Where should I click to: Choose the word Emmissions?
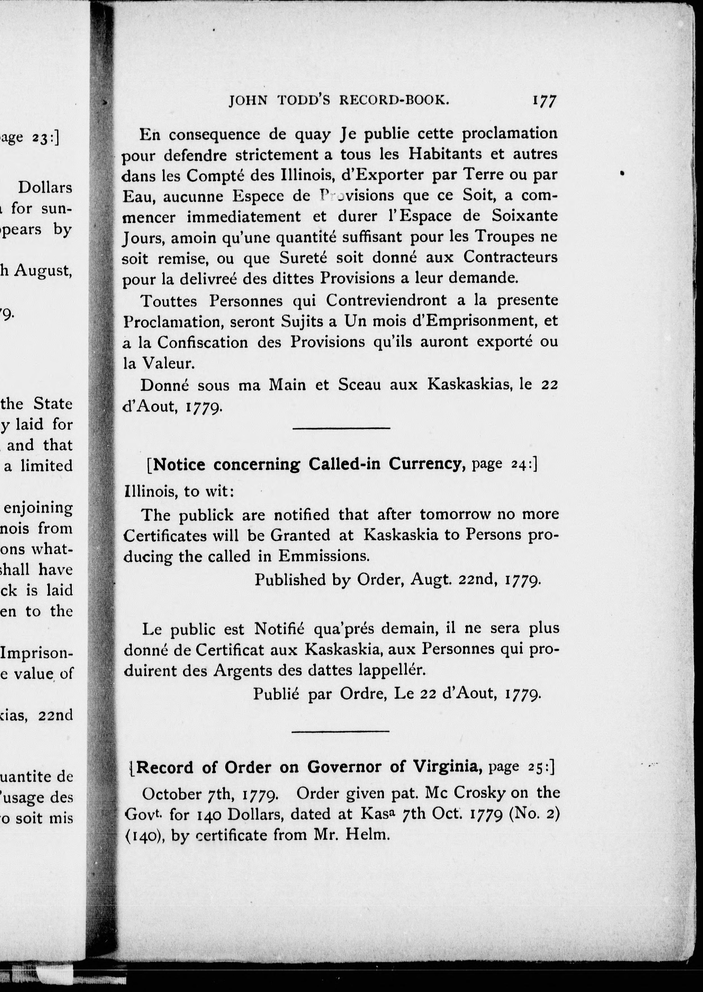(x=324, y=556)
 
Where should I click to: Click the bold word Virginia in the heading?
(x=447, y=767)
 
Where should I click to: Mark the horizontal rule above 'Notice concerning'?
(x=342, y=429)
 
